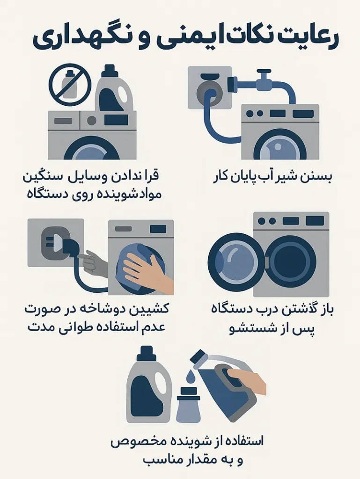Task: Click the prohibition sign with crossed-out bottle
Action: coord(69,85)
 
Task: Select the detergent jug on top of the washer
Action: coord(114,91)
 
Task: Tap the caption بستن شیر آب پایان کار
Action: coord(272,178)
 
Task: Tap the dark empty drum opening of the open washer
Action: coord(293,262)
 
